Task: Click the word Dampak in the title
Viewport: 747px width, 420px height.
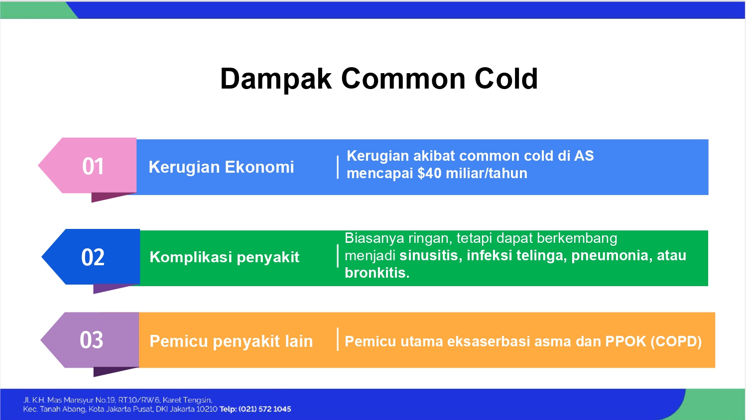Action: coord(276,79)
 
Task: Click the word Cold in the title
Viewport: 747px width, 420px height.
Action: coord(506,79)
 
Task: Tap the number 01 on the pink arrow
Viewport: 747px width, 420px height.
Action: coord(93,166)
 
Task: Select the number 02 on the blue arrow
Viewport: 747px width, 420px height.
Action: coord(93,257)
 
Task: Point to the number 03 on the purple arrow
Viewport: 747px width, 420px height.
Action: coord(91,340)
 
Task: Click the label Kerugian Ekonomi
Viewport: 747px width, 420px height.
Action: coord(222,167)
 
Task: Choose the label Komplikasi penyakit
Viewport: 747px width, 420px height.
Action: coord(225,257)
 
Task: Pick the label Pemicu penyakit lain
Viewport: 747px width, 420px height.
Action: coord(231,341)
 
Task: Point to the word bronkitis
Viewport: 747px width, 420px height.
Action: coord(377,273)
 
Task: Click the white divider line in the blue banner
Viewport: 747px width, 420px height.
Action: coord(338,167)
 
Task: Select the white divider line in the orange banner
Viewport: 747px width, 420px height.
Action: coord(338,339)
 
